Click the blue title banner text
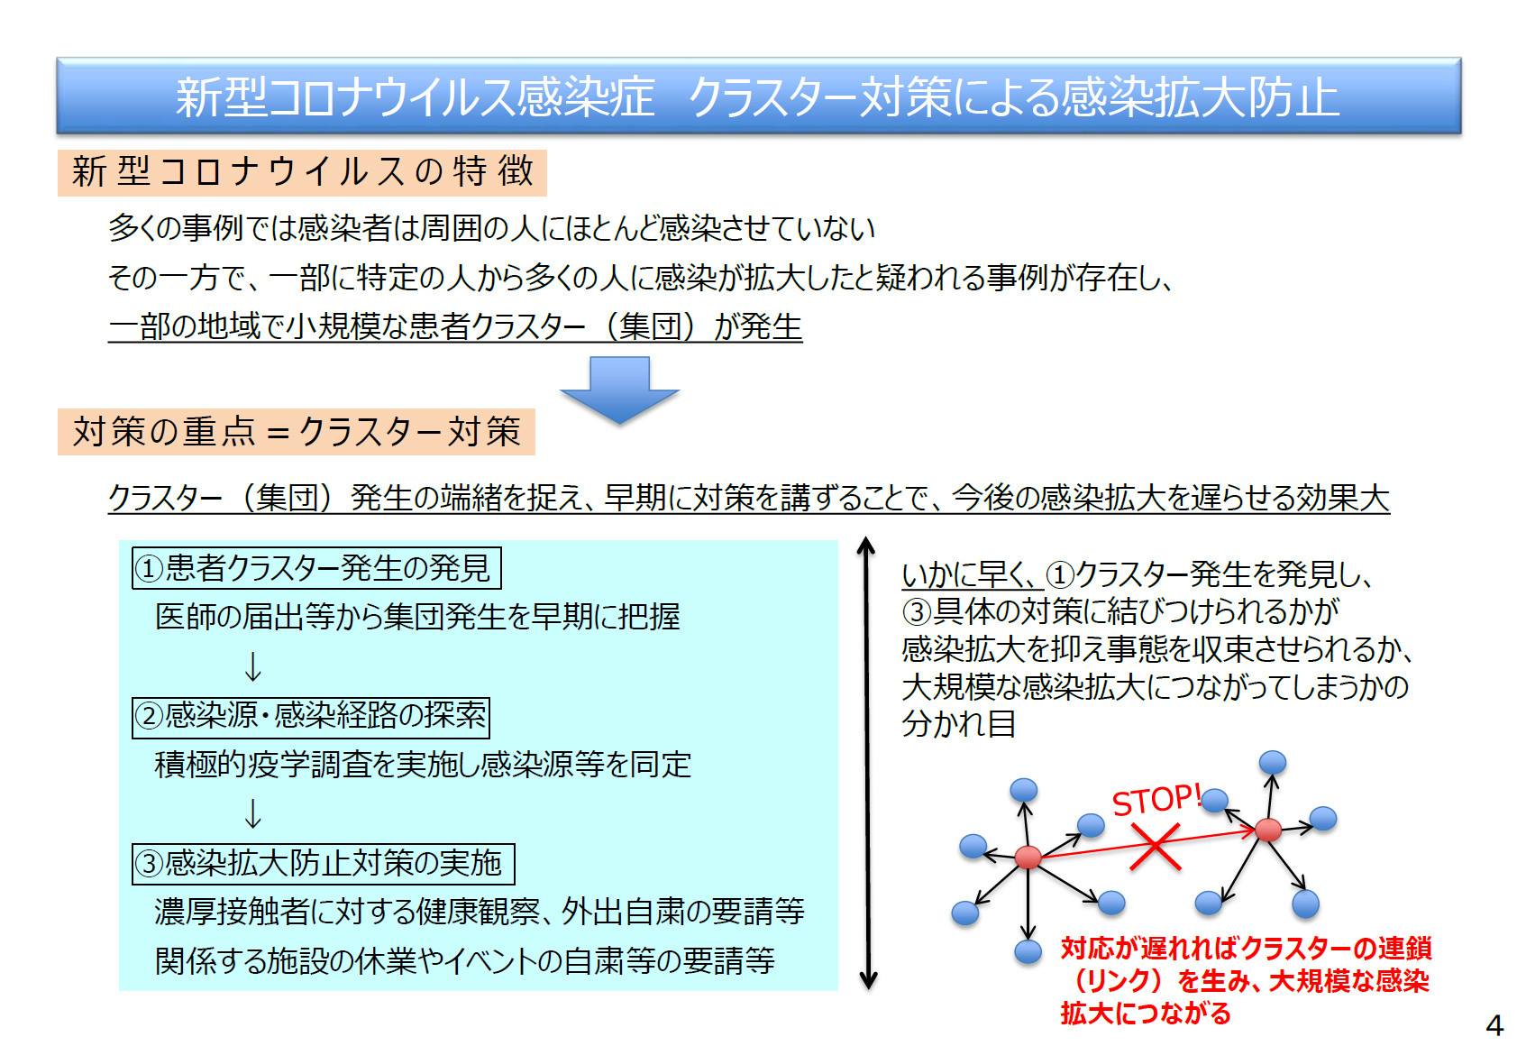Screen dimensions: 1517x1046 [x=757, y=96]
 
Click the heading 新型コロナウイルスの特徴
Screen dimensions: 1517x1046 [x=302, y=172]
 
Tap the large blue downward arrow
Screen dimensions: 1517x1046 [x=619, y=390]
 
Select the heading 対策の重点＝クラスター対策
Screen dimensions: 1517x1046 [x=296, y=432]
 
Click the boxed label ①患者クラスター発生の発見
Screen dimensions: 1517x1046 [x=316, y=568]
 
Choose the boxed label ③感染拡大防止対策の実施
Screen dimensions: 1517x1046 [x=323, y=864]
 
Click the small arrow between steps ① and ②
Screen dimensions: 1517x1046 [x=252, y=666]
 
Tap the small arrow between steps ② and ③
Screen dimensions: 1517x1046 [x=252, y=813]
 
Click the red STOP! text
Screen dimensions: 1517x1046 [x=1156, y=800]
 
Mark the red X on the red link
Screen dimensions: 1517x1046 [x=1155, y=847]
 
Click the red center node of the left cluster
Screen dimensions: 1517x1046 [x=1028, y=857]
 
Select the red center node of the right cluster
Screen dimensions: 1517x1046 [x=1268, y=830]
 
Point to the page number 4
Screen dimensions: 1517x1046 [x=1494, y=1025]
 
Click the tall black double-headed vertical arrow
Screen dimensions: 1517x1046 [x=867, y=764]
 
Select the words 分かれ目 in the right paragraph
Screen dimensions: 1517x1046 [x=958, y=723]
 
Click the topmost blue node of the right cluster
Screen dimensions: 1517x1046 [x=1273, y=762]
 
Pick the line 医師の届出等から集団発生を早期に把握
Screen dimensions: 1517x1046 [x=417, y=617]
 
